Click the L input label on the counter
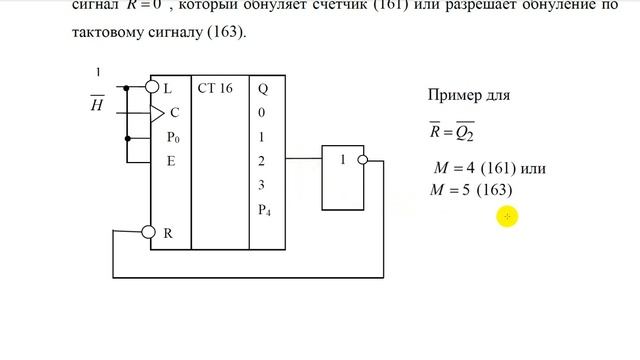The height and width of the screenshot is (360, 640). (167, 88)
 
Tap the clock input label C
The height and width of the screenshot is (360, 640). (174, 113)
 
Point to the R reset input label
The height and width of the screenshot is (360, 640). (168, 233)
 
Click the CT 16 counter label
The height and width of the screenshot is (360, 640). (215, 88)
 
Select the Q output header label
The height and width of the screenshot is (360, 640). (262, 88)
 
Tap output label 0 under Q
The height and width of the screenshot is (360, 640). (261, 113)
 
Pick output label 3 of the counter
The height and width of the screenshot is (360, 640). (261, 185)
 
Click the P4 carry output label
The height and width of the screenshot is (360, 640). (264, 209)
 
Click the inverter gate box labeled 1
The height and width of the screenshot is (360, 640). (341, 176)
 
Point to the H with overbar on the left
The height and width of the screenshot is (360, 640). (97, 102)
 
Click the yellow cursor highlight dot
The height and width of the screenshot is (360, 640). (508, 216)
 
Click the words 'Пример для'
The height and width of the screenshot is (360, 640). (468, 97)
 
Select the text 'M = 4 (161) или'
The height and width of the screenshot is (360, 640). (485, 168)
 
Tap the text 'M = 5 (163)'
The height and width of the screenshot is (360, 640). (469, 189)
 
